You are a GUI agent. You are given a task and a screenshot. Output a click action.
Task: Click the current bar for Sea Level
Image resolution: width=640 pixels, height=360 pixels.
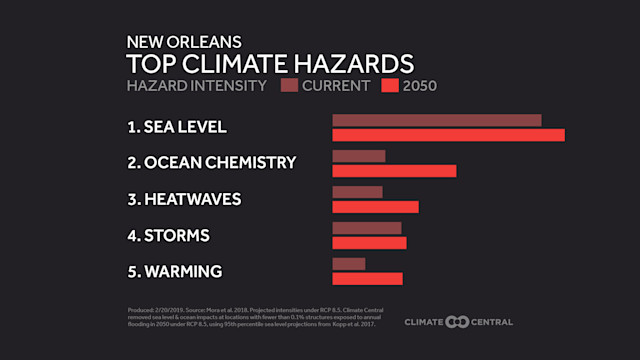pos(436,120)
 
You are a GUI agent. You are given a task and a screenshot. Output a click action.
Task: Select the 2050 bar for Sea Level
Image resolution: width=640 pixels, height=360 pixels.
pos(448,135)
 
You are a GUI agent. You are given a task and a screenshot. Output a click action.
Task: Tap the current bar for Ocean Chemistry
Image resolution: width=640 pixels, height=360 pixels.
pos(358,156)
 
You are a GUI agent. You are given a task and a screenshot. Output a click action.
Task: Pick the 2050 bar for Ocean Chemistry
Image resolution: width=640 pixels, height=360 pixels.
pos(394,171)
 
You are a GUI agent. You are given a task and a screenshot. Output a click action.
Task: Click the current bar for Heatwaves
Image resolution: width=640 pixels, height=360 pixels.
pos(357,192)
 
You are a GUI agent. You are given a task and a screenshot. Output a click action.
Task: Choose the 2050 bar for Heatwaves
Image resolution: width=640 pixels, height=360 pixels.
pos(375,207)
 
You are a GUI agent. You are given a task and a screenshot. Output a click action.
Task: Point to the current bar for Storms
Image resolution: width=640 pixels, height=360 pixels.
pos(366,228)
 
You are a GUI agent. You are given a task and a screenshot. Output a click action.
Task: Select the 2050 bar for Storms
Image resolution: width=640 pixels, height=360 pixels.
pos(369,243)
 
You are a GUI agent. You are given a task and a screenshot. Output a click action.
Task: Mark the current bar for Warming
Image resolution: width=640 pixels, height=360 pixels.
pos(348,264)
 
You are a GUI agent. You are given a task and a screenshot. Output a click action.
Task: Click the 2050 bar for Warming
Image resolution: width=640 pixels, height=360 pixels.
pos(367,279)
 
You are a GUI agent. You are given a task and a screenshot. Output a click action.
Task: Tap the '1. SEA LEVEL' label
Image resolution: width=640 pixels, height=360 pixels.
pos(177,127)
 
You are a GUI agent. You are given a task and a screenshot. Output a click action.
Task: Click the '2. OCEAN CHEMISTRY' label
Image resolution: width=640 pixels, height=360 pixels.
pos(211,163)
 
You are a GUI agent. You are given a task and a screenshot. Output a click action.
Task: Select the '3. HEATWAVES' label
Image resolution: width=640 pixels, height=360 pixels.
pos(184,199)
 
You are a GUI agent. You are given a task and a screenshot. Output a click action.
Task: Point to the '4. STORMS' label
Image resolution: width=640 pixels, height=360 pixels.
pos(168,236)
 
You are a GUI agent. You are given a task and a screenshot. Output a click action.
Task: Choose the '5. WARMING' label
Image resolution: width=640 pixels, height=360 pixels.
pos(174,272)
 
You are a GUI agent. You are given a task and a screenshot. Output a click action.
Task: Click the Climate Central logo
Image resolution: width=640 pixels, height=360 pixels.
pos(459,322)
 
